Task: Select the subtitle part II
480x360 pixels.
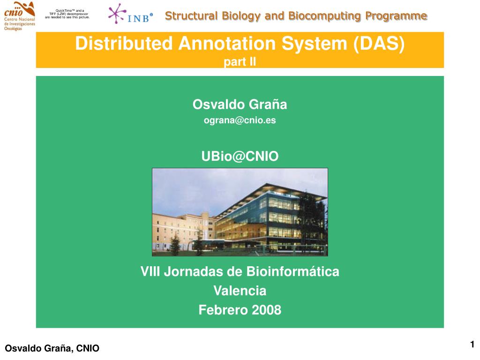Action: click(x=240, y=61)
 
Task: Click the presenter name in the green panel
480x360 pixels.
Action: click(x=240, y=105)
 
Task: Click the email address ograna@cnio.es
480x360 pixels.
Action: click(x=240, y=120)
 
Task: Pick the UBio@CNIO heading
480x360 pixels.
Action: click(x=240, y=156)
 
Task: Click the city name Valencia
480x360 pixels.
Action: click(x=240, y=291)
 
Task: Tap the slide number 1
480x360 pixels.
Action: click(x=472, y=345)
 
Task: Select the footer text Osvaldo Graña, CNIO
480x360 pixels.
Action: click(x=52, y=348)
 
